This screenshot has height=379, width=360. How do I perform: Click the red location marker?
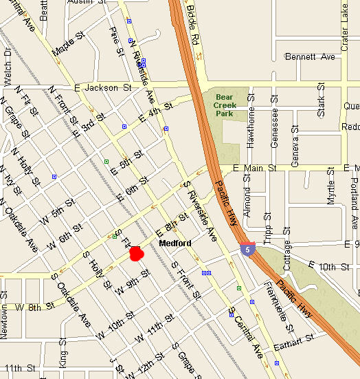point(136,253)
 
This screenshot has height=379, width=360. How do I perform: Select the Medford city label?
point(175,243)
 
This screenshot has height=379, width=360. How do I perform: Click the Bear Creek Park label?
point(225,101)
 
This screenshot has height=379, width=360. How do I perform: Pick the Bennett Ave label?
point(310,56)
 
